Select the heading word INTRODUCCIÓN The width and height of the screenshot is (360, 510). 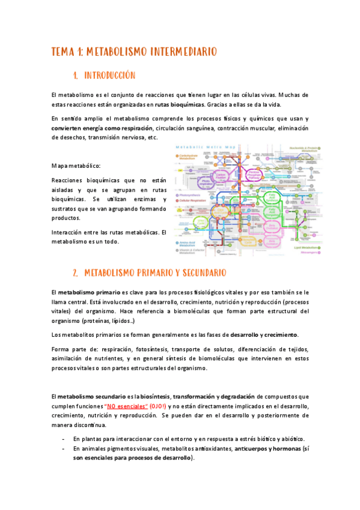click(109, 76)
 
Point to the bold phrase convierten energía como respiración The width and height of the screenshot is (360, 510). click(102, 128)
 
